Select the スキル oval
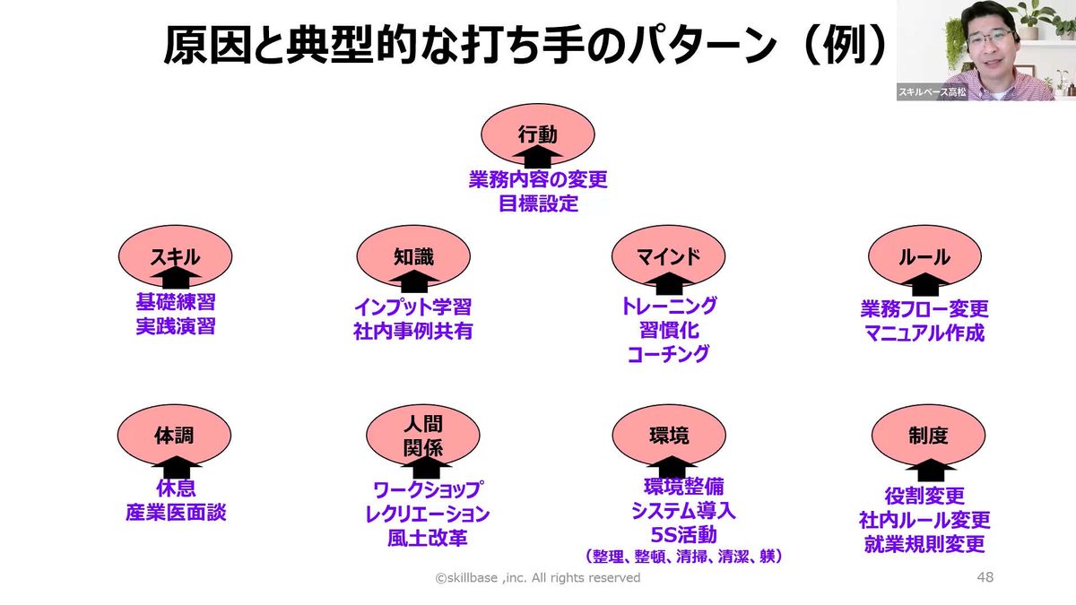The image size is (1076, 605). coord(176,256)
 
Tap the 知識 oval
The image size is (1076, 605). coord(413,256)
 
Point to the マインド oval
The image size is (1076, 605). coord(668,256)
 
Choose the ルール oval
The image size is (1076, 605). coord(924,257)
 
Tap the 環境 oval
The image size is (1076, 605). coord(669,436)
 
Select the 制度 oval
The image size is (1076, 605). coord(927,436)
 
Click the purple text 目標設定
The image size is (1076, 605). coord(538,203)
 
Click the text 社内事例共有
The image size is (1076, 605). coord(413,331)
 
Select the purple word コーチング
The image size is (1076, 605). coord(668,354)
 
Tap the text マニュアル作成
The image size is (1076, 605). coord(924,333)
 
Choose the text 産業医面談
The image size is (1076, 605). coord(176,513)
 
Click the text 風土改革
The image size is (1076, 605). coord(427,538)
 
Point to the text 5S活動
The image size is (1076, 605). coord(683,535)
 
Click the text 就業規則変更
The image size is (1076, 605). coord(924,544)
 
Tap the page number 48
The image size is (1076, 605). coord(985,578)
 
